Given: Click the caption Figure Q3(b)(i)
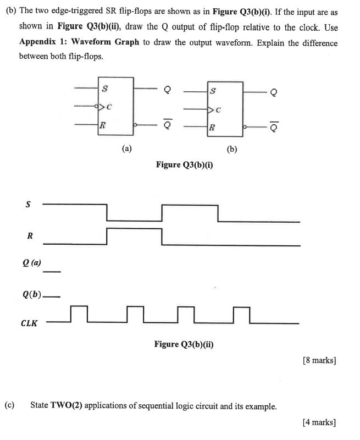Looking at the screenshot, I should [184, 164].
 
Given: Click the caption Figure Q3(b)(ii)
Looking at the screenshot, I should [184, 344].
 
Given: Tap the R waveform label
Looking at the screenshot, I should [30, 236].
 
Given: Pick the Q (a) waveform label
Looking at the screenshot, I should [31, 262].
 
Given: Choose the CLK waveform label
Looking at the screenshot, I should [29, 323].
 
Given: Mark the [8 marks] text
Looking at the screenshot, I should [319, 361].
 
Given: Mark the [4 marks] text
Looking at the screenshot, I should [319, 422].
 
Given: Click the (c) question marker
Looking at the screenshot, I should [9, 406].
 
